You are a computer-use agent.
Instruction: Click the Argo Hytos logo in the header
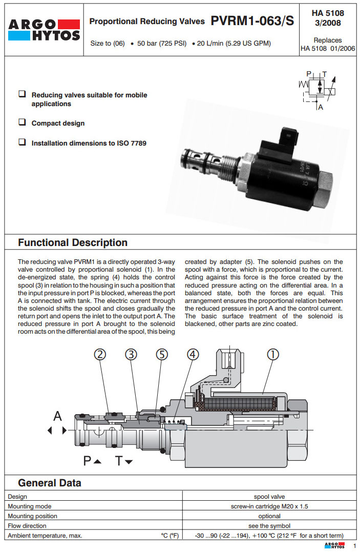point(44,29)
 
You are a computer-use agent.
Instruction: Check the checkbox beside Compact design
point(22,122)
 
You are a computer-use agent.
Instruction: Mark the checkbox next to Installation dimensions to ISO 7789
point(22,142)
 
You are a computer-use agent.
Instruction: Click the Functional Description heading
point(73,242)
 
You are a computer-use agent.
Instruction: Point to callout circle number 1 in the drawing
point(273,354)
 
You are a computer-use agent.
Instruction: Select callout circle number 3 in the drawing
point(132,354)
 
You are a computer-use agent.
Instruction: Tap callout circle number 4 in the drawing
point(193,354)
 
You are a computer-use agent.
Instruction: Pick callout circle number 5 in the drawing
point(162,354)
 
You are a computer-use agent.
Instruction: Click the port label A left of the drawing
point(57,416)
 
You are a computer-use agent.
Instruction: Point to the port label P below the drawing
point(88,461)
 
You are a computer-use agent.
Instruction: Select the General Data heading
point(50,482)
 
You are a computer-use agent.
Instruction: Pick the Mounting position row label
point(33,516)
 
